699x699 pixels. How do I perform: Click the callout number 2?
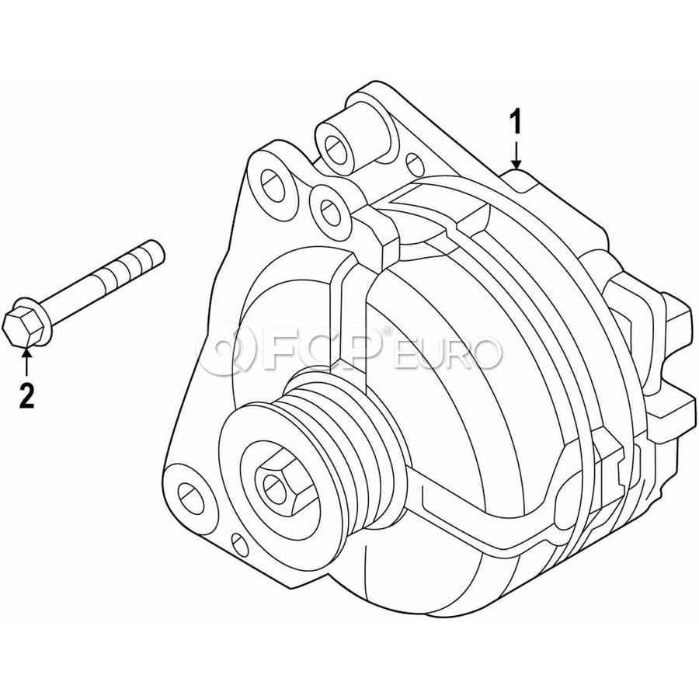pos(26,395)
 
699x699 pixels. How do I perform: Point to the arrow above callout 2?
pos(26,363)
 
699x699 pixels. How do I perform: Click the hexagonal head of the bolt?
pos(21,325)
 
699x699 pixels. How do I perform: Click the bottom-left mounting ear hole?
pos(191,496)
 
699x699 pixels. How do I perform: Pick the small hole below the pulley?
pos(240,544)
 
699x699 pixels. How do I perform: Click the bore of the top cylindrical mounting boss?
pos(335,149)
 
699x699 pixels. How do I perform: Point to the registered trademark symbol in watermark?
pos(387,330)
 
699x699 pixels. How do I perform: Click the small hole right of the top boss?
pos(415,164)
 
